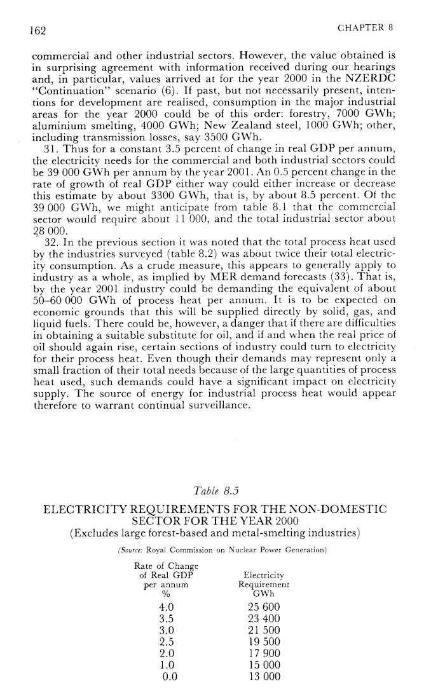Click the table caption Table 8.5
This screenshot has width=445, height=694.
[x=214, y=490]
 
